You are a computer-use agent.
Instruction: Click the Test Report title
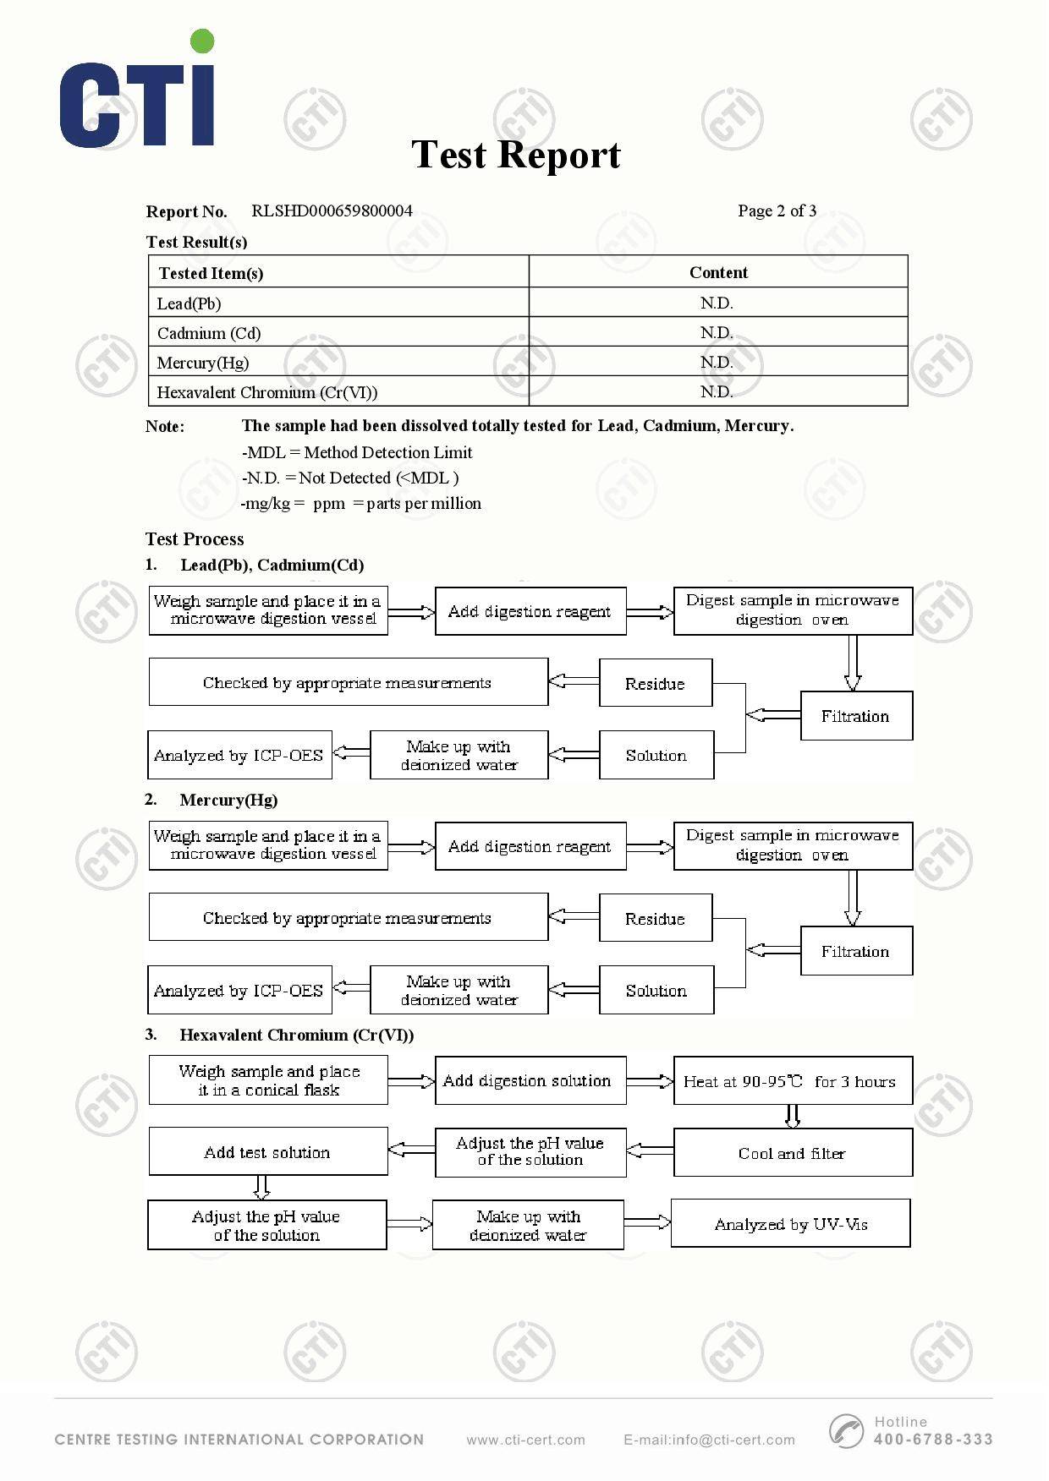point(516,155)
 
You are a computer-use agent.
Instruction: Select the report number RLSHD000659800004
point(332,210)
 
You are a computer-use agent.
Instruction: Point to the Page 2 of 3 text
point(777,210)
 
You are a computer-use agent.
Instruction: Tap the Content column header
point(718,272)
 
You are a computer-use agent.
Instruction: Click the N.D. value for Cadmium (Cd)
point(717,332)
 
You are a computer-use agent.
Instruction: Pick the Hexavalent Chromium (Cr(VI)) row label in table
point(267,392)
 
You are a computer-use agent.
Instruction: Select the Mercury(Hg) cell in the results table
point(203,363)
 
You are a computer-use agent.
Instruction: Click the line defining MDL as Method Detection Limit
point(357,452)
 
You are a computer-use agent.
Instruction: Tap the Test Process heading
point(195,539)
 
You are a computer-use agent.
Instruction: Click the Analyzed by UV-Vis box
point(791,1223)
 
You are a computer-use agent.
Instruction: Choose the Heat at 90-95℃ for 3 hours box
point(793,1080)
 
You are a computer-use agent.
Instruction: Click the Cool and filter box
point(793,1153)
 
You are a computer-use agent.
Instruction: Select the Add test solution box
point(268,1151)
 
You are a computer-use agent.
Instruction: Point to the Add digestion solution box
point(530,1080)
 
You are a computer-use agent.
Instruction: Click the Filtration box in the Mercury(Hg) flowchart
point(856,951)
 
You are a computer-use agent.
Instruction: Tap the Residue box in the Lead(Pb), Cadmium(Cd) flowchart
point(656,683)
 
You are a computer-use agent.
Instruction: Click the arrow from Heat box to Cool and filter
point(793,1116)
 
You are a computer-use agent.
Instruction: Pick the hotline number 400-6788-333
point(933,1440)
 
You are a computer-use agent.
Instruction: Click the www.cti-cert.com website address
point(525,1440)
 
